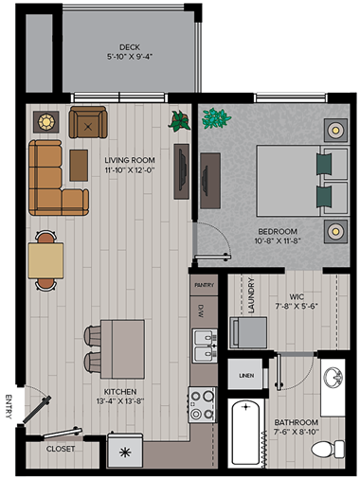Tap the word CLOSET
[61, 450]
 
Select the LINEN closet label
[246, 376]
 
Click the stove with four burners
[202, 404]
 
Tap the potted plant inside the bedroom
[216, 119]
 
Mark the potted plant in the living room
[178, 120]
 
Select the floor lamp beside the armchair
[45, 121]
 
